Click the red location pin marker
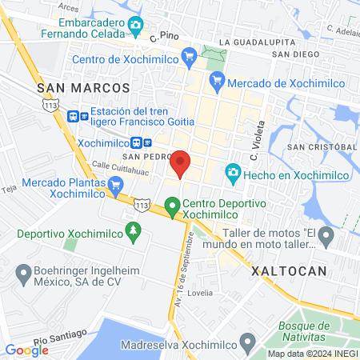pos(181,162)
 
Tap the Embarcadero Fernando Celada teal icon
pos(135,25)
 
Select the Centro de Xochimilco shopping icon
pos(189,56)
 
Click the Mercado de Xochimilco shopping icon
pos(216,81)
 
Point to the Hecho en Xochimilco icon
pos(232,172)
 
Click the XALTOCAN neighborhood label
pos(290,271)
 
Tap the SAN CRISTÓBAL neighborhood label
pos(322,147)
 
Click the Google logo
pos(26,350)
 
